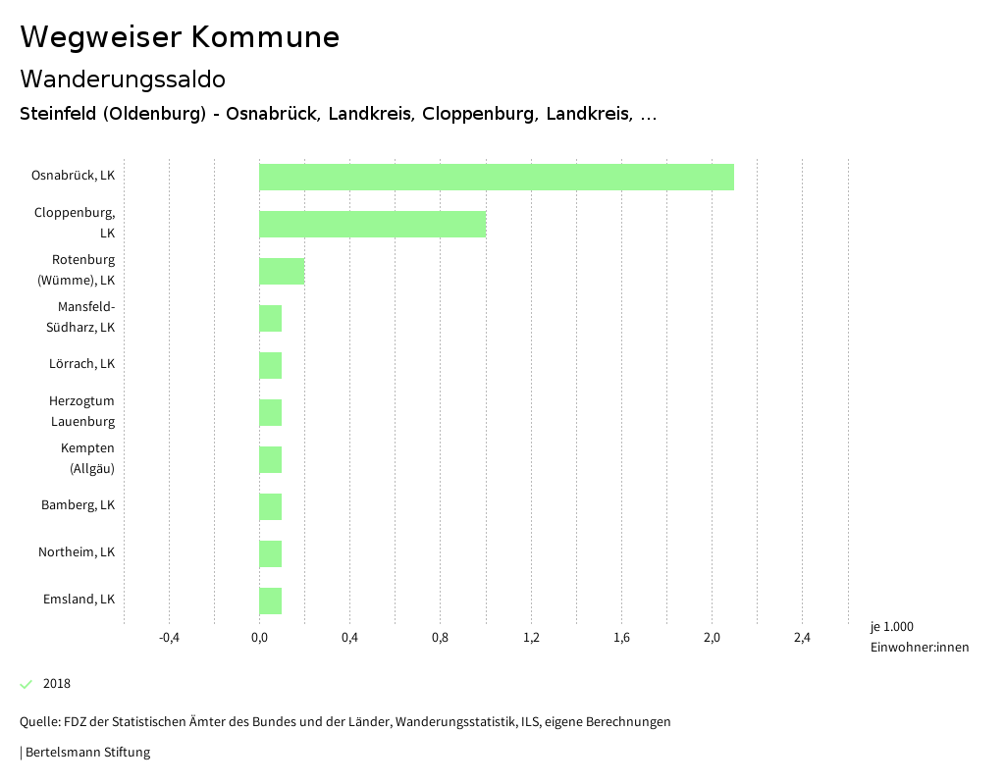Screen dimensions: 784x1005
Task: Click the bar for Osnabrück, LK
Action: point(496,177)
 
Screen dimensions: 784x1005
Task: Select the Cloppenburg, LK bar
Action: point(372,224)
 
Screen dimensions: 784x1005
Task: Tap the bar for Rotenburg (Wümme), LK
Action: point(282,271)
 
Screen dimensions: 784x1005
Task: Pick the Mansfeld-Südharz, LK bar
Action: point(270,318)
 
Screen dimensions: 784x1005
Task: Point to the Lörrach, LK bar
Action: point(270,365)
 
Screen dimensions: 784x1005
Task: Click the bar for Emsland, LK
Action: point(270,601)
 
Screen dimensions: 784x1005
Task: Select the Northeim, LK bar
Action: point(270,553)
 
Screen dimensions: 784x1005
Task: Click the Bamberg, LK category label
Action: point(78,505)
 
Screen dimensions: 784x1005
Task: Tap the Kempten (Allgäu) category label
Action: point(88,458)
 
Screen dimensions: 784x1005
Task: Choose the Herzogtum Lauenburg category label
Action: point(82,411)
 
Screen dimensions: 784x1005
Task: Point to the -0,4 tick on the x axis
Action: point(169,639)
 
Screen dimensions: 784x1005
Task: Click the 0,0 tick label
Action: point(259,639)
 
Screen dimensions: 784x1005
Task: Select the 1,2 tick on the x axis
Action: point(531,639)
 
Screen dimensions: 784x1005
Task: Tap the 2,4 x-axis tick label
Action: point(802,639)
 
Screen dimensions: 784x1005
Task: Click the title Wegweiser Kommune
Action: point(180,37)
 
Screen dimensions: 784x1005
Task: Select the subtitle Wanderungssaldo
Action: point(123,78)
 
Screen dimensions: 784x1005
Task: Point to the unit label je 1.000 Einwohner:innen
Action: point(919,637)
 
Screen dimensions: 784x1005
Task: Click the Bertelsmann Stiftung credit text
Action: point(87,753)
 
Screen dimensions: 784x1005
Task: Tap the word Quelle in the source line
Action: point(39,722)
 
